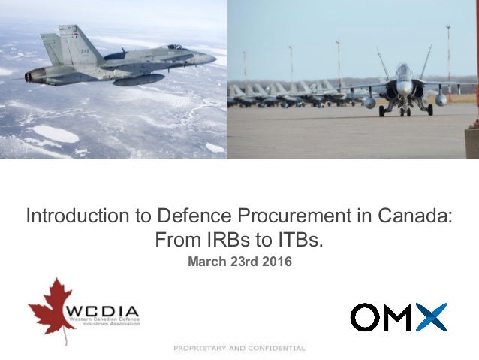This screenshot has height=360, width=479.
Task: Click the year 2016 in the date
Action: pos(276,262)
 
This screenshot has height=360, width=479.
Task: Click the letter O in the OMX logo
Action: pos(366,317)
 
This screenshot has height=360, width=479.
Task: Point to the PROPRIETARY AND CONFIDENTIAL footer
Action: pos(239,348)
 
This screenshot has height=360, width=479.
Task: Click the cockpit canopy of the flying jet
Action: pos(174,48)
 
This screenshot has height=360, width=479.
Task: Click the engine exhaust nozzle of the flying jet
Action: pos(30,75)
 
